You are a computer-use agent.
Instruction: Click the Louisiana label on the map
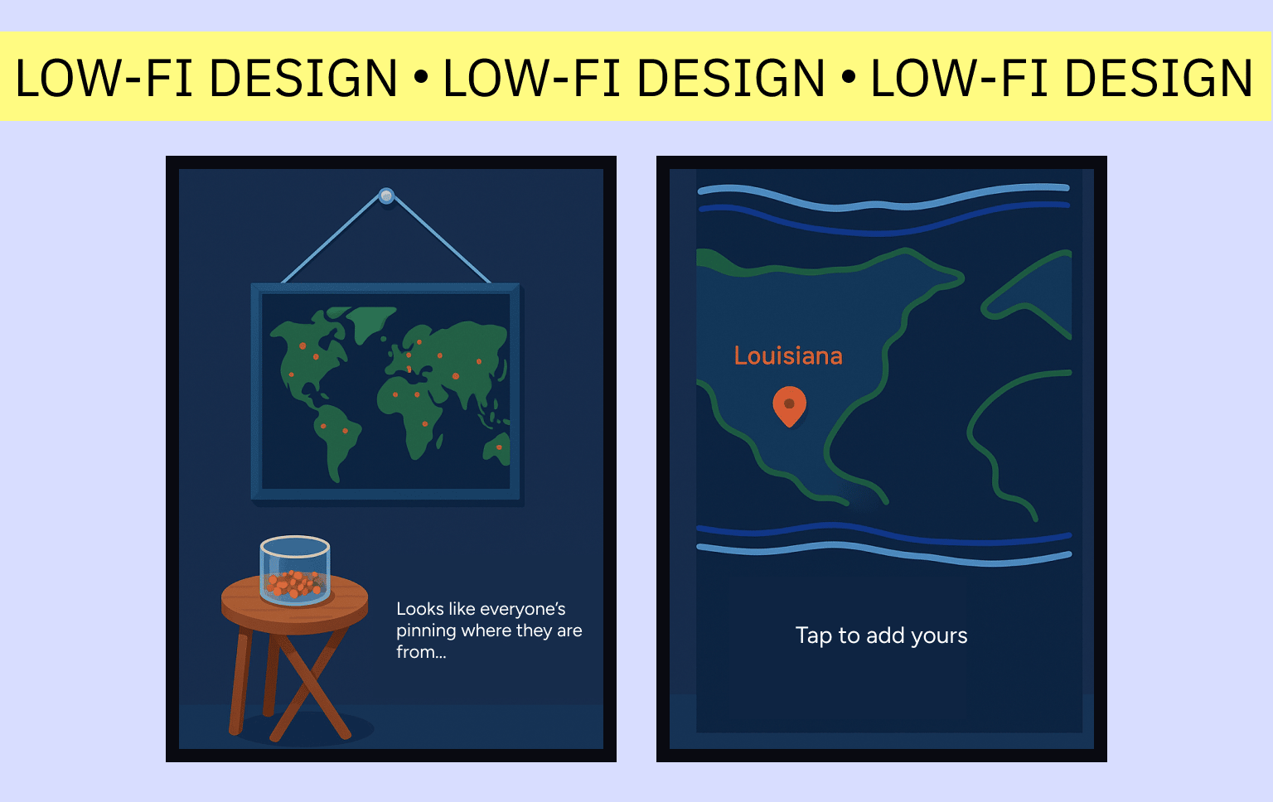[x=788, y=356]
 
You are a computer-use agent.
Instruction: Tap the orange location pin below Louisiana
[x=789, y=406]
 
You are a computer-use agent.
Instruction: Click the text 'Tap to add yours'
[x=881, y=635]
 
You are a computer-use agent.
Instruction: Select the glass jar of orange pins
[x=295, y=570]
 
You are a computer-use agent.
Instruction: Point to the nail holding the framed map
[x=386, y=196]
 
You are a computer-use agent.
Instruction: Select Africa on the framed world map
[x=411, y=412]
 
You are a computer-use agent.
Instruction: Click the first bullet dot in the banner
[x=420, y=77]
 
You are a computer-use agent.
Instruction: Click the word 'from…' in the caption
[x=421, y=652]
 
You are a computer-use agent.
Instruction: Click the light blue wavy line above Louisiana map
[x=883, y=197]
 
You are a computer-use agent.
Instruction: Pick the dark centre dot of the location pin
[x=789, y=403]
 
